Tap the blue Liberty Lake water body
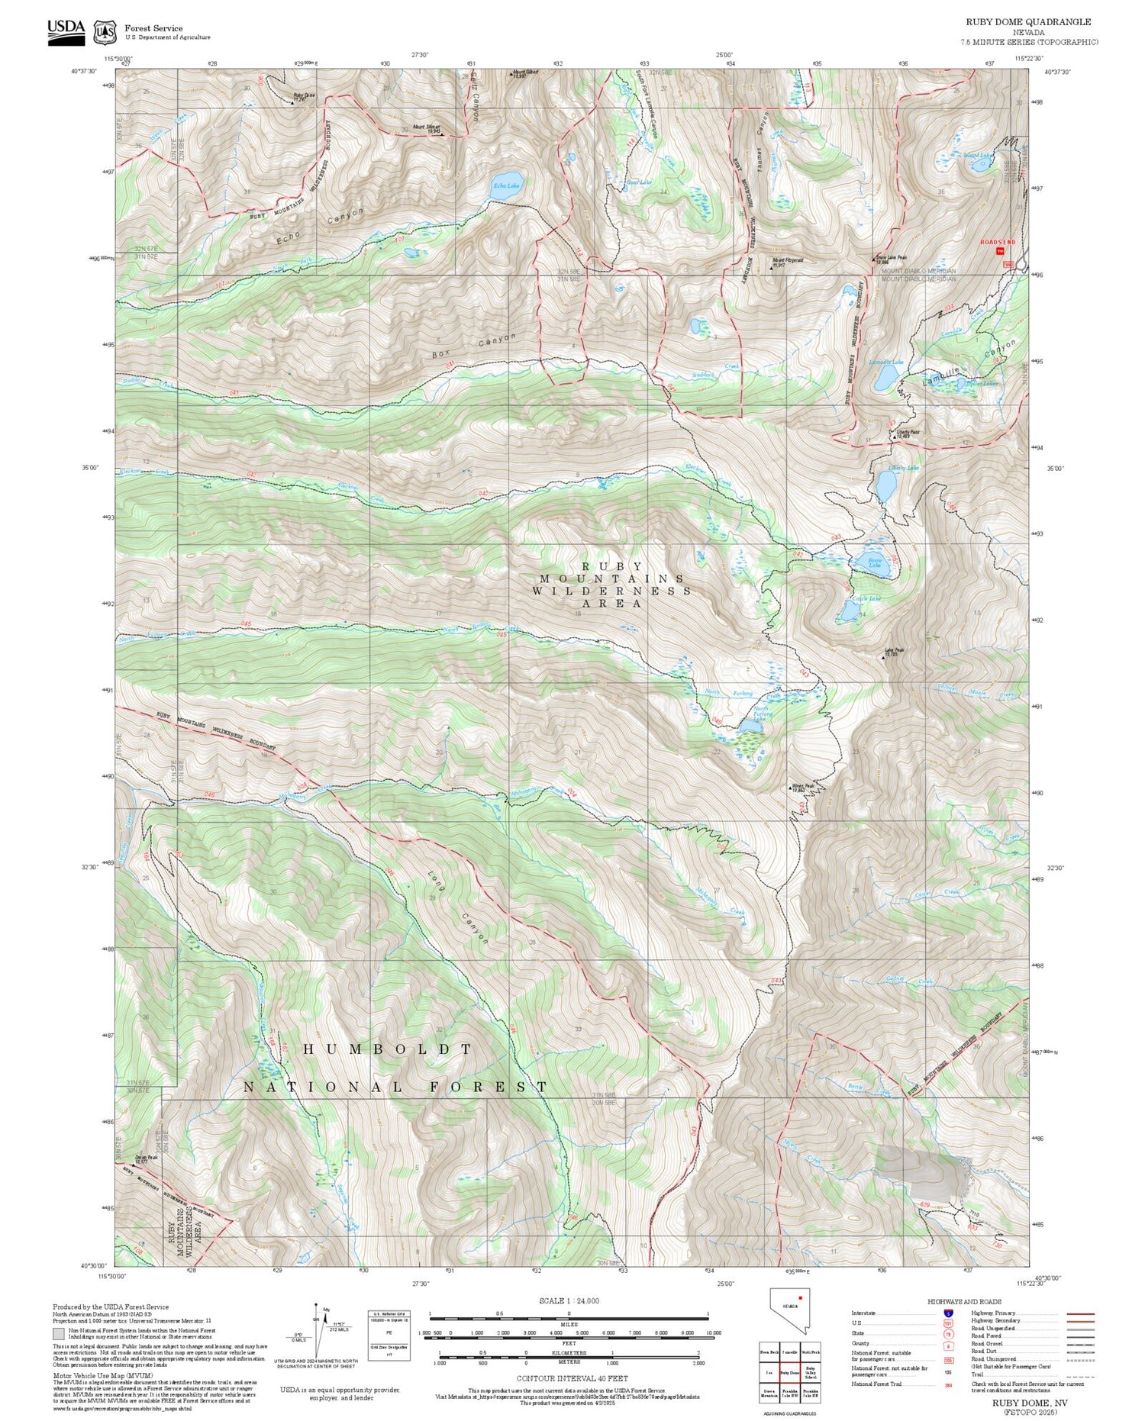point(885,486)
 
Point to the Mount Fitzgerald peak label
point(788,260)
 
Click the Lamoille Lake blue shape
point(886,376)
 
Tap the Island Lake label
point(978,156)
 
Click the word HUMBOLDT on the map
point(388,1049)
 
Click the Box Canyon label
point(473,345)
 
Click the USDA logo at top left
point(66,31)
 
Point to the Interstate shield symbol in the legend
point(949,1313)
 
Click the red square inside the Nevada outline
point(801,1297)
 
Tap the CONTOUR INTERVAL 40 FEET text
point(572,1378)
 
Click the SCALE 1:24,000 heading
point(569,1300)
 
